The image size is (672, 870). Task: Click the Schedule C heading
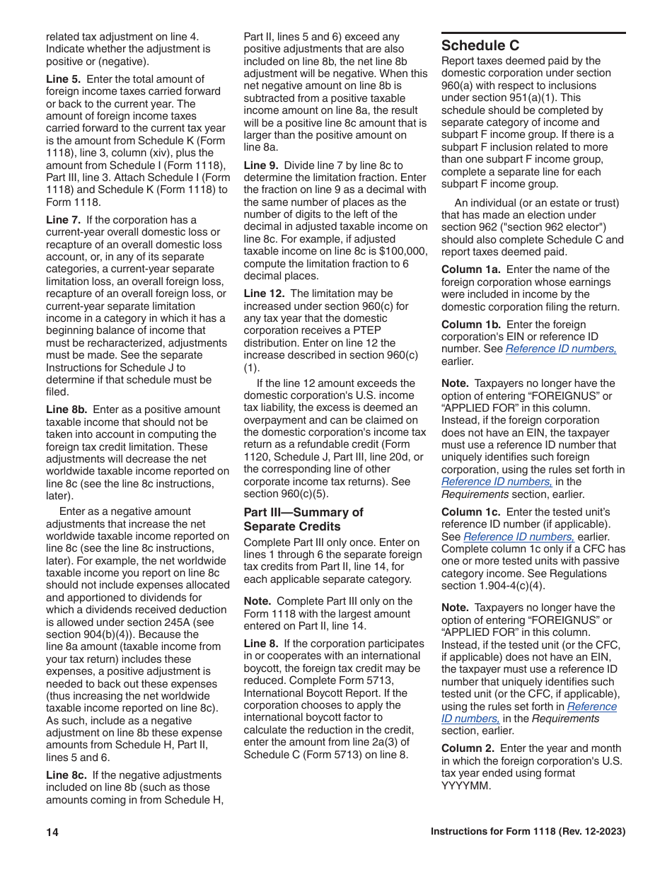coord(480,45)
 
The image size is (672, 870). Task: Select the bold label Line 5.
coord(63,79)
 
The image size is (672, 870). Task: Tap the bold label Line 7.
coord(63,220)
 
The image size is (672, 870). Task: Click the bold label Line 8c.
coord(66,775)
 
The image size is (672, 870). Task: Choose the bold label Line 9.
coord(261,165)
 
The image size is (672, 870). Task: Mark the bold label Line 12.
coord(265,293)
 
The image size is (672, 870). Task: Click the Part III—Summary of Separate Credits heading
coord(303,519)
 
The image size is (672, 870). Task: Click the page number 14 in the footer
coord(52,833)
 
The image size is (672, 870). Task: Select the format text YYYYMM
coord(465,786)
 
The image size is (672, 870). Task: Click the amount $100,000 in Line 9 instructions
coord(402,251)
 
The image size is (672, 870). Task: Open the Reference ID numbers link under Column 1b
coord(561,349)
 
